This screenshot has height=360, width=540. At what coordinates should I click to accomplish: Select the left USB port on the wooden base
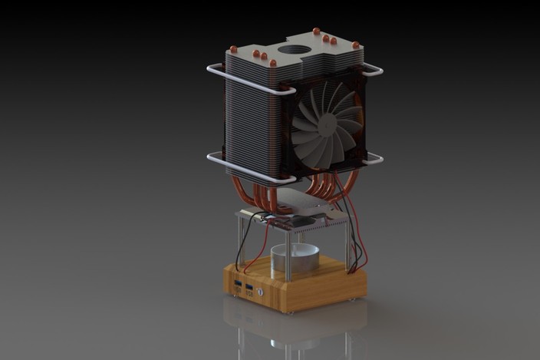coord(239,288)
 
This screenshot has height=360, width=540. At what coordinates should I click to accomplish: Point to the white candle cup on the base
coord(295,262)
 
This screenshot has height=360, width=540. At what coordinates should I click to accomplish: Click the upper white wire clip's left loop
coord(212,71)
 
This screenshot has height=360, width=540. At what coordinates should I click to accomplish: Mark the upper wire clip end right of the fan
coord(374,71)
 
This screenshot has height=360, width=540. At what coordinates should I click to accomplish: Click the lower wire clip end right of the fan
coord(374,159)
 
